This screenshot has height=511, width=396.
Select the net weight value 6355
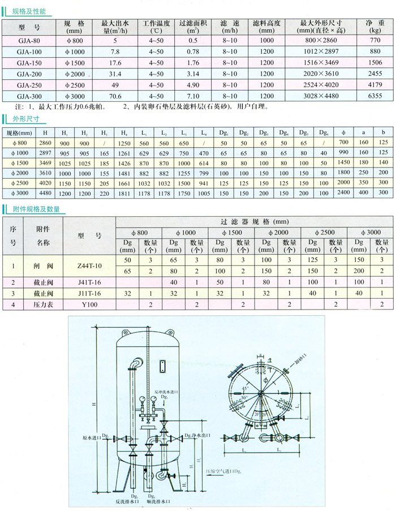(375, 96)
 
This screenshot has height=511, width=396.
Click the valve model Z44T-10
(90, 265)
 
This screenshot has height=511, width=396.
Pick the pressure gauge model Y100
(90, 304)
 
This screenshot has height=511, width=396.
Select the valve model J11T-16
(90, 293)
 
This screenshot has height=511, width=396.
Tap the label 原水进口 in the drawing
(91, 437)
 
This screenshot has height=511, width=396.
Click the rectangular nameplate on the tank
(162, 367)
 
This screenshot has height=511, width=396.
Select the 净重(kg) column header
(375, 27)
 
